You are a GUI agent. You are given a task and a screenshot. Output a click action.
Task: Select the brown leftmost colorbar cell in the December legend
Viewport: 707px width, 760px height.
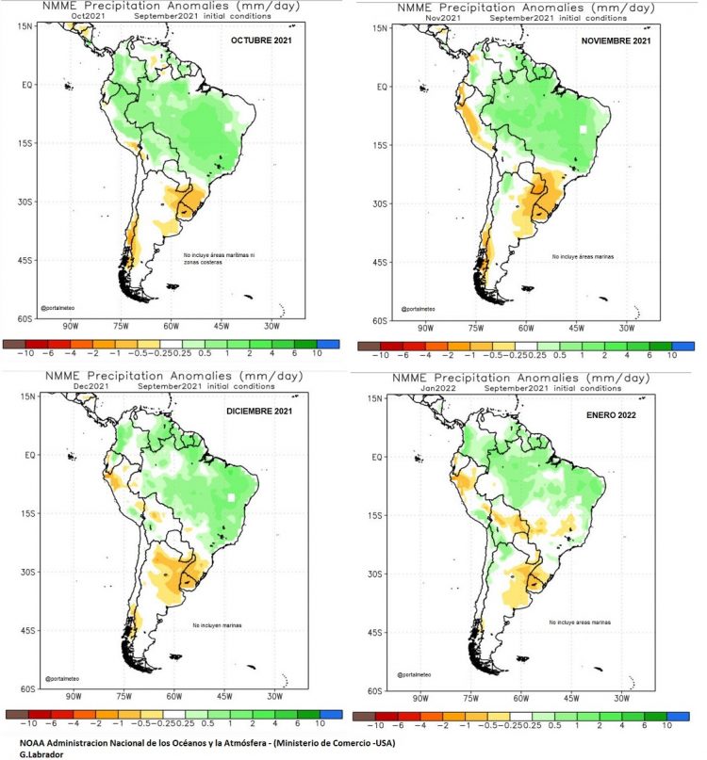[15, 715]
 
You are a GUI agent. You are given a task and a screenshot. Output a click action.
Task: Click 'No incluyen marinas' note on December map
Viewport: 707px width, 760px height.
[222, 625]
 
